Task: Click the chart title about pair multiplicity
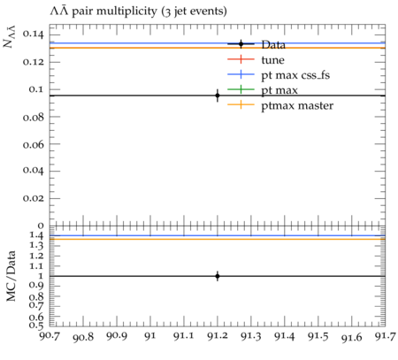point(138,11)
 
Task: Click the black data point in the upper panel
point(218,96)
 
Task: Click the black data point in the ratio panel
point(218,276)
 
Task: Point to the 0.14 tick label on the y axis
point(34,34)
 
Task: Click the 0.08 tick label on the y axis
point(34,117)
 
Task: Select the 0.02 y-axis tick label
point(34,198)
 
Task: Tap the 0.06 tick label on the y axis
point(34,144)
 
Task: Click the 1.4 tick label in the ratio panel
point(36,235)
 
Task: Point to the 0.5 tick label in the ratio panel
point(36,326)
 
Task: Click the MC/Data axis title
point(11,276)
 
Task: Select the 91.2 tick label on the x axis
point(218,336)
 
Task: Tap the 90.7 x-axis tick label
point(50,336)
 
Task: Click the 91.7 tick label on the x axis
point(385,336)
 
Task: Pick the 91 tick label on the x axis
point(150,336)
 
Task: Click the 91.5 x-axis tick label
point(318,336)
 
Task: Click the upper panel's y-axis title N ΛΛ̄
point(10,36)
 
